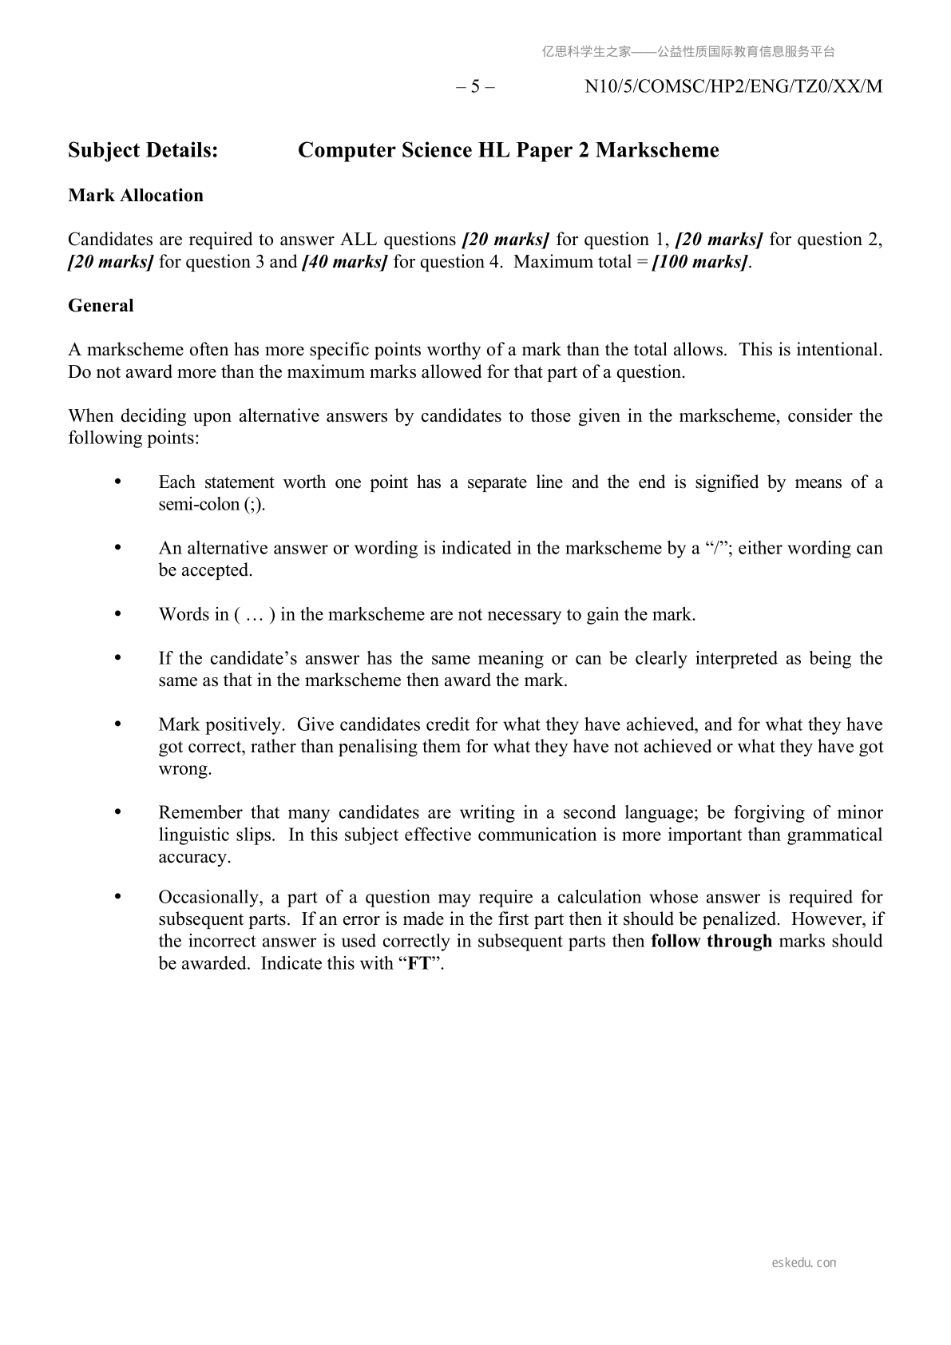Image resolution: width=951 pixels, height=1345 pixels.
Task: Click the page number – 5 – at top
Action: (x=475, y=86)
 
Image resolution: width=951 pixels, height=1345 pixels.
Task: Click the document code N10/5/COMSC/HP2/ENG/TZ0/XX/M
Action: (x=733, y=86)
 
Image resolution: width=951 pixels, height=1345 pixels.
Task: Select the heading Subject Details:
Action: (x=143, y=150)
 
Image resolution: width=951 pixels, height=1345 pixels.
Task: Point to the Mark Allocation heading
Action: (x=136, y=196)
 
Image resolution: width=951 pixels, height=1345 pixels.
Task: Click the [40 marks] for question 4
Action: (x=344, y=262)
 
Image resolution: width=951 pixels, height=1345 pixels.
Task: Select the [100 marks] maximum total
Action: (x=700, y=262)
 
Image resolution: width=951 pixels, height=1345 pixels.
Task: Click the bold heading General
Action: (x=101, y=306)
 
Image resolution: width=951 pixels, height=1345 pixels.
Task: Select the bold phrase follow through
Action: (x=711, y=942)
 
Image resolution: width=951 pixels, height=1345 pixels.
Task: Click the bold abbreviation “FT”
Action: (x=419, y=964)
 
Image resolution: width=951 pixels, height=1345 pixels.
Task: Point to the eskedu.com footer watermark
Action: (x=804, y=1263)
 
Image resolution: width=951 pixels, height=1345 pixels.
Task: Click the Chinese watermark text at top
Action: (x=687, y=52)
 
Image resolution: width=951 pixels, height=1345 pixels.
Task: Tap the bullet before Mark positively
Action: (x=119, y=724)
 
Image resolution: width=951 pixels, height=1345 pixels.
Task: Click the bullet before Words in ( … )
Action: (x=119, y=614)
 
